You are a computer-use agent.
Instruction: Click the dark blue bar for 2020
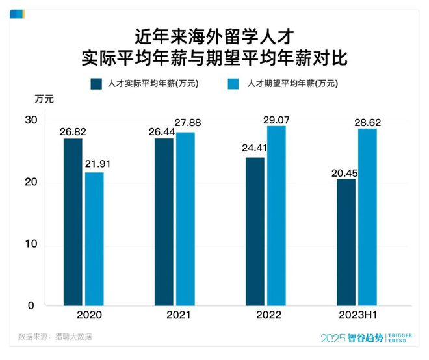coord(73,222)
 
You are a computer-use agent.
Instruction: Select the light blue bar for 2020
coord(94,238)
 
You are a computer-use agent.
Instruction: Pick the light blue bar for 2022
coord(276,215)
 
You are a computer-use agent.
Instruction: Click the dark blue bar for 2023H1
coord(346,242)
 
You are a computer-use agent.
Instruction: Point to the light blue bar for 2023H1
coord(367,216)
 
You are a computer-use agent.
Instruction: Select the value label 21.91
coord(98,164)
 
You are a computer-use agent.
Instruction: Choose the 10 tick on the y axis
coord(31,245)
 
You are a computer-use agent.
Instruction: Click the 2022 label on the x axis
coord(265,315)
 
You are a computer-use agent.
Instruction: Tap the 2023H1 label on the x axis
coord(357,315)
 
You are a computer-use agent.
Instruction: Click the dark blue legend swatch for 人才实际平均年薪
coord(96,83)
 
